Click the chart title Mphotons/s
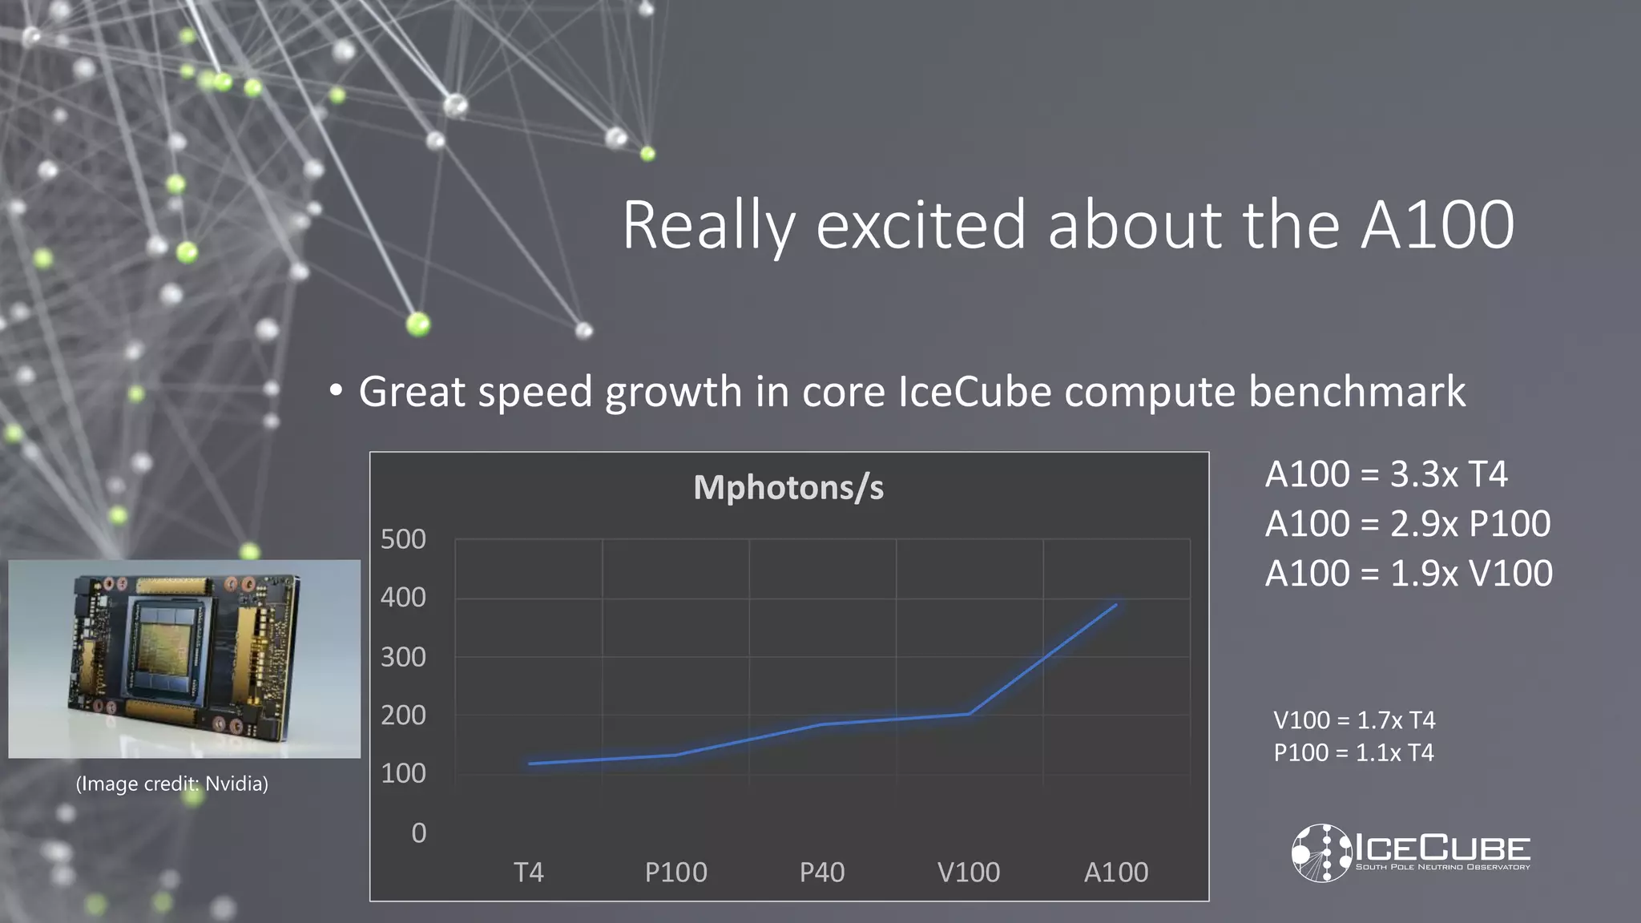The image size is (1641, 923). pyautogui.click(x=788, y=487)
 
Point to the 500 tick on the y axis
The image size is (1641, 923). pyautogui.click(x=403, y=539)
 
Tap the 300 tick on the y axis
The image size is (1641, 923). pyautogui.click(x=403, y=657)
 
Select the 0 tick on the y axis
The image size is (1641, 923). pyautogui.click(x=418, y=833)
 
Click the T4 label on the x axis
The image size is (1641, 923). pyautogui.click(x=529, y=872)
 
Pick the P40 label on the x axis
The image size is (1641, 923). pyautogui.click(x=822, y=872)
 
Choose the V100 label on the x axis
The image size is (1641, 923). pyautogui.click(x=969, y=872)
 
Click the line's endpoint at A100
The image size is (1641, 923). pyautogui.click(x=1115, y=606)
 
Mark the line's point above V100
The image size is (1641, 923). pyautogui.click(x=969, y=713)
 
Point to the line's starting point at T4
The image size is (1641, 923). pyautogui.click(x=530, y=764)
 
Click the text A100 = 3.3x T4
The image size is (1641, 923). pyautogui.click(x=1386, y=474)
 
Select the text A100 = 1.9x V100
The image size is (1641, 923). pyautogui.click(x=1409, y=574)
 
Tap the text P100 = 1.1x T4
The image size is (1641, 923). pyautogui.click(x=1353, y=753)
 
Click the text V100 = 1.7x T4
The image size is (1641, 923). pyautogui.click(x=1354, y=719)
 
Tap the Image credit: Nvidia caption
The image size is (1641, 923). pyautogui.click(x=172, y=784)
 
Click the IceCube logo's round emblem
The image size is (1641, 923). pyautogui.click(x=1320, y=852)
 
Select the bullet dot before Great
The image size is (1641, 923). pyautogui.click(x=336, y=391)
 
